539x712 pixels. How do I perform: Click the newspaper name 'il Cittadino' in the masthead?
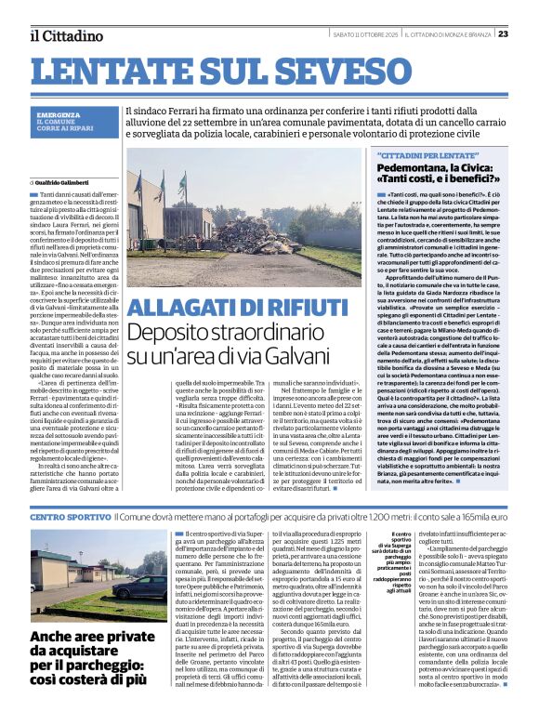pyautogui.click(x=65, y=34)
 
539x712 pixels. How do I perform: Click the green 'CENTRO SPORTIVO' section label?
pyautogui.click(x=69, y=515)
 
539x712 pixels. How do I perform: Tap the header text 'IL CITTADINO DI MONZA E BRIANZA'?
pyautogui.click(x=445, y=34)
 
